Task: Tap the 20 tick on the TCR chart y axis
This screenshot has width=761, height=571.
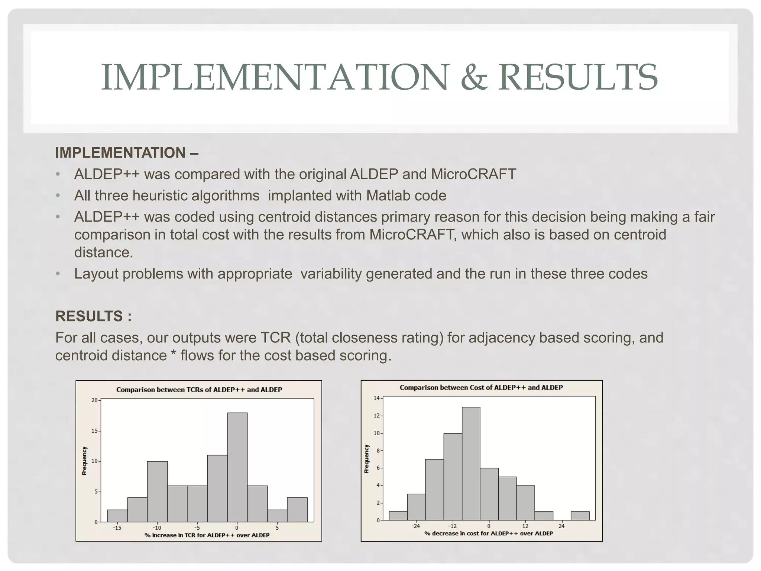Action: coord(94,400)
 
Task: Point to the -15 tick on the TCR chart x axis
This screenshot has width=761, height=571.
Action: coord(117,528)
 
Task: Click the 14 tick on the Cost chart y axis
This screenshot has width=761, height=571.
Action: coord(377,398)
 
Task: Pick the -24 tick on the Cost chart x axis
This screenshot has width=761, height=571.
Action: coord(416,526)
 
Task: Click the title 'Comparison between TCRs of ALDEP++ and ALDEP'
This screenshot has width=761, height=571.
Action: coord(199,390)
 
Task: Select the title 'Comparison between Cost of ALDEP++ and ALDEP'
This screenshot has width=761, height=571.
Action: coord(481,387)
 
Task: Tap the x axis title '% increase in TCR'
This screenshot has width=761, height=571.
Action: coord(207,535)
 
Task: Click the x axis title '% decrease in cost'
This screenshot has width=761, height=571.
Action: coord(488,533)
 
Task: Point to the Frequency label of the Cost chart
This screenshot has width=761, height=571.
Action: coord(367,459)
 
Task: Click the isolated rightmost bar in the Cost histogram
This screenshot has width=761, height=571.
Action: coord(580,516)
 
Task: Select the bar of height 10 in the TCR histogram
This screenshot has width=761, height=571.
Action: coord(157,491)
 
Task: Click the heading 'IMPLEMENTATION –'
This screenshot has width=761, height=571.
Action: coord(126,153)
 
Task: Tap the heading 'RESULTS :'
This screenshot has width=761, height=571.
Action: coord(93,316)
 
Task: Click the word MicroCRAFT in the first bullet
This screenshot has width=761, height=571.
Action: coord(473,174)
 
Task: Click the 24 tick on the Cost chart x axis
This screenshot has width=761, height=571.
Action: coord(561,526)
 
